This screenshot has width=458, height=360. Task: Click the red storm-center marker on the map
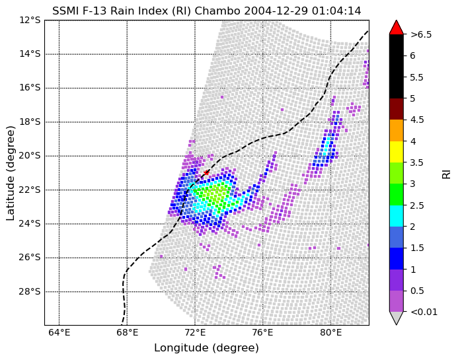[206, 172]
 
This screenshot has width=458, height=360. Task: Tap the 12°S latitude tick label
[30, 20]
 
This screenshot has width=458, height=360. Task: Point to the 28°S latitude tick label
[30, 291]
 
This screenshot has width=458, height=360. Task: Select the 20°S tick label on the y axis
[30, 155]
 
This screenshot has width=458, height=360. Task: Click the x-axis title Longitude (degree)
[206, 348]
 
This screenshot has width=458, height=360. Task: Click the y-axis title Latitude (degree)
[11, 172]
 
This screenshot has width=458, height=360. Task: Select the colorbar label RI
[447, 172]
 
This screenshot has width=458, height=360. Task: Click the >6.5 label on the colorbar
[421, 34]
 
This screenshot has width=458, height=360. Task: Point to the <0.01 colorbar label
[424, 312]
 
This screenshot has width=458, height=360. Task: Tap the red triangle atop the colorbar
[396, 28]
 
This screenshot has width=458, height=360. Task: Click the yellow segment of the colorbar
[396, 151]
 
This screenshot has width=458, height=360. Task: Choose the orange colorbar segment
[396, 130]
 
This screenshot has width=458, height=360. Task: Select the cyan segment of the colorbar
[396, 215]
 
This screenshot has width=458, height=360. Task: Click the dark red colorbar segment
[396, 108]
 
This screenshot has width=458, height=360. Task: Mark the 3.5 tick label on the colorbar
[417, 162]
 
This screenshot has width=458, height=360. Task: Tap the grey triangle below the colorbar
[396, 317]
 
